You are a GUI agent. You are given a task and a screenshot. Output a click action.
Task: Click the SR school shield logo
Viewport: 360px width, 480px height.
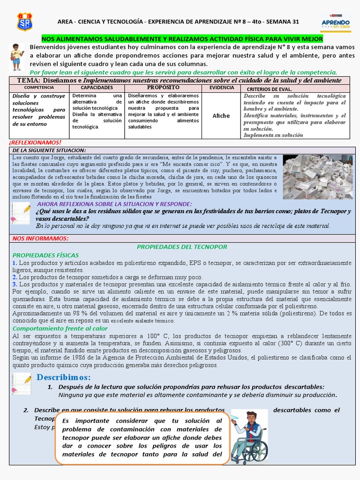24,22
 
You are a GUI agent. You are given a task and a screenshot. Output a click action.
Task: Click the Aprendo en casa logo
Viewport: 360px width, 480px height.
335,23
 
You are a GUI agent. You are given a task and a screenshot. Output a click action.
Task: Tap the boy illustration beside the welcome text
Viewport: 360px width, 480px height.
17,56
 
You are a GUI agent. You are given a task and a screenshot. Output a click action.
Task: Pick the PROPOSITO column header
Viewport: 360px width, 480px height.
163,88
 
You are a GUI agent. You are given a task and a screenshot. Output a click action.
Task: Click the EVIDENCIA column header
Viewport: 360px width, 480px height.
222,88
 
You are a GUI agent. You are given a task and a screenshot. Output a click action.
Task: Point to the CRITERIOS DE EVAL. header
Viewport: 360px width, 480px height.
269,89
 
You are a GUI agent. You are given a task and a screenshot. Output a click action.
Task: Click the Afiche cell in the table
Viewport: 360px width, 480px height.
221,115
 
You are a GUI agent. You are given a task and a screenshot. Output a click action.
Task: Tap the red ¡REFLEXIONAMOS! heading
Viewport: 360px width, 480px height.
35,142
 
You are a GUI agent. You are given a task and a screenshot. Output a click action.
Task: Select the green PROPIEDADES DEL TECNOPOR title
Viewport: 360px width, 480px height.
182,247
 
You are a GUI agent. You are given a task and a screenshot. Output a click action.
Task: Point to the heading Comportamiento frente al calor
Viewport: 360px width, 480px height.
60,329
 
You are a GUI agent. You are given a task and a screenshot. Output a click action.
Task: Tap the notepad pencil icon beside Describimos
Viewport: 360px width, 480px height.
22,384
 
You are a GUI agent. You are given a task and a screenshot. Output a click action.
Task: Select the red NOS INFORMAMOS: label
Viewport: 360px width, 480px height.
40,239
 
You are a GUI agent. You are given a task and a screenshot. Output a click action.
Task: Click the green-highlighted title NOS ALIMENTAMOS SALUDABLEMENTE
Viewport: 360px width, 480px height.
182,38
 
